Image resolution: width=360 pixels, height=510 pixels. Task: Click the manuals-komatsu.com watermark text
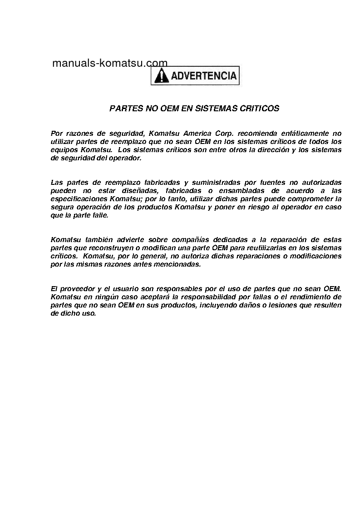[x=110, y=63]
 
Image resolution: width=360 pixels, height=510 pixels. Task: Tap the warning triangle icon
[x=161, y=76]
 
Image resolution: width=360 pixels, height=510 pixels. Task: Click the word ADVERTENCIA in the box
[x=204, y=76]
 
